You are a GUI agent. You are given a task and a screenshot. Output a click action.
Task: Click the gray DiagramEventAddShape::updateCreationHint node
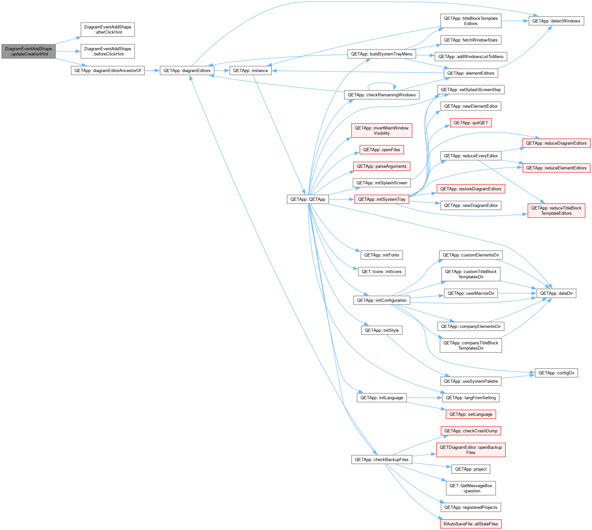coord(28,51)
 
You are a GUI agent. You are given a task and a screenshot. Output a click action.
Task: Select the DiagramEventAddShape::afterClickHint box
coord(107,30)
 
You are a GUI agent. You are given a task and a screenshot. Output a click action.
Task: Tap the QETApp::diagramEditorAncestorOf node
coord(107,70)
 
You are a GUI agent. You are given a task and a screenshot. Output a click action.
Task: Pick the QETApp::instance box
coord(250,70)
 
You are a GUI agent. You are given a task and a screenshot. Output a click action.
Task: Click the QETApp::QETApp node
coord(308,199)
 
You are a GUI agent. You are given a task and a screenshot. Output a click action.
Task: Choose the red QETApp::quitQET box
coord(471,123)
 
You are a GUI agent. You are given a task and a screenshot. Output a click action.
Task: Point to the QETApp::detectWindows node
coord(556,21)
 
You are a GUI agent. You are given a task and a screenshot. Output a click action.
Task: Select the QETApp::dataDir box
coord(556,293)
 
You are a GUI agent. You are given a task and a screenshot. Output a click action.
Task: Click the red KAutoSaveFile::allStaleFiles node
coord(471,524)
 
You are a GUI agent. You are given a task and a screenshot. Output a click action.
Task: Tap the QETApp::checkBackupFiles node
coord(382,460)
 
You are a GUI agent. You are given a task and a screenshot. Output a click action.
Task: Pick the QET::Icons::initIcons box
coord(382,272)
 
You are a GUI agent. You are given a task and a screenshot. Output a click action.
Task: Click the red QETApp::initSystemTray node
coord(382,199)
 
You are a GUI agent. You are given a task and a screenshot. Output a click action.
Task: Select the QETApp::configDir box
coord(556,373)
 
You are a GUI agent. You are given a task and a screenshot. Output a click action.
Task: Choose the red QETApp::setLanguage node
coord(471,414)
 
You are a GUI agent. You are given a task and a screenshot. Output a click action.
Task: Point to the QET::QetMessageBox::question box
coord(471,488)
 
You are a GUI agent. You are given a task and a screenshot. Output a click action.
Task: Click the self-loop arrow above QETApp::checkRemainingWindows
coord(382,83)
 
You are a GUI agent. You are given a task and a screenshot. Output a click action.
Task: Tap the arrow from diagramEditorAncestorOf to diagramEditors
coord(152,70)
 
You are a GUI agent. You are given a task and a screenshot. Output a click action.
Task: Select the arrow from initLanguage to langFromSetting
coord(424,398)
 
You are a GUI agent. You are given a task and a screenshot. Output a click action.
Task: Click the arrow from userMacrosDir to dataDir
coord(517,293)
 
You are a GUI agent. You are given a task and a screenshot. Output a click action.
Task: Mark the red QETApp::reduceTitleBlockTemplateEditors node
coord(556,210)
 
